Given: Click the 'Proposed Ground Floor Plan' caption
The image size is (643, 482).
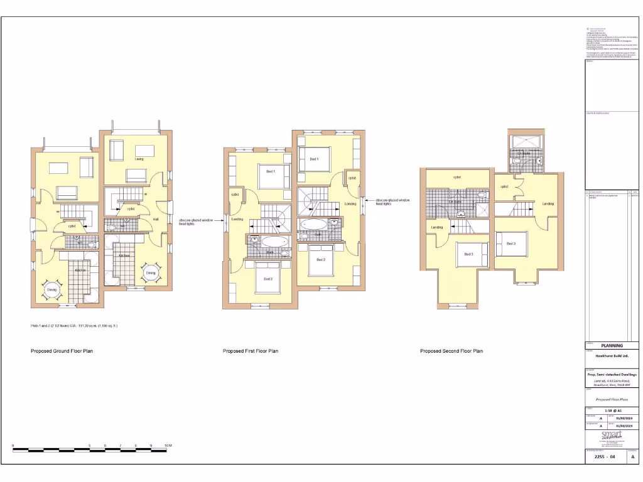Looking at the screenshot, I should coord(62,351).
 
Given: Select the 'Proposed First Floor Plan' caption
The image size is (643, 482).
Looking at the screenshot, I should coord(251,351).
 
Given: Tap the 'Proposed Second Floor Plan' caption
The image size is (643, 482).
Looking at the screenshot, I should coord(451,351).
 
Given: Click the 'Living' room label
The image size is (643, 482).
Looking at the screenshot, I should coord(139,159).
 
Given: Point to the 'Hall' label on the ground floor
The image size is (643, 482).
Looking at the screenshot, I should coord(156,219).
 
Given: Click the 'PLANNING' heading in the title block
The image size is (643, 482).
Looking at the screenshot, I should coord(612,345).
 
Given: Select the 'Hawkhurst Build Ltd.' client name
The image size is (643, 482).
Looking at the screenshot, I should coord(612,356).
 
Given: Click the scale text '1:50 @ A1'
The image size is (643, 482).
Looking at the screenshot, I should coord(612,410).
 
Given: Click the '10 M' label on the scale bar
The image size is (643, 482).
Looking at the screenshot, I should coord(168,445).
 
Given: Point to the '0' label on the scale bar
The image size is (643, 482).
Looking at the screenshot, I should coord(13,445).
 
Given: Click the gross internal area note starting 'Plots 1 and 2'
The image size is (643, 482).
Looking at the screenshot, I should coord(74,326).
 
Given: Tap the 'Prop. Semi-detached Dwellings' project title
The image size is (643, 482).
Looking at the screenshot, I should coord(612,375).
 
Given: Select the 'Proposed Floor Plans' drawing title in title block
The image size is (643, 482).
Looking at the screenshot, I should coord(612,399).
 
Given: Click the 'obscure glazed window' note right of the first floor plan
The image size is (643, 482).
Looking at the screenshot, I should coord(392,201).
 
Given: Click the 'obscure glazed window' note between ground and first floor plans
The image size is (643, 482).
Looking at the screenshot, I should coord(196,222).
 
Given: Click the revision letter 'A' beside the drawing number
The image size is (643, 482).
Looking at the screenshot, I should coord(632,457).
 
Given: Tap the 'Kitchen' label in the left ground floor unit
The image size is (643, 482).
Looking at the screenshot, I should coord(81,270).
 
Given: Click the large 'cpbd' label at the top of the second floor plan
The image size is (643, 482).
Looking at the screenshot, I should coord(457,178).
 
